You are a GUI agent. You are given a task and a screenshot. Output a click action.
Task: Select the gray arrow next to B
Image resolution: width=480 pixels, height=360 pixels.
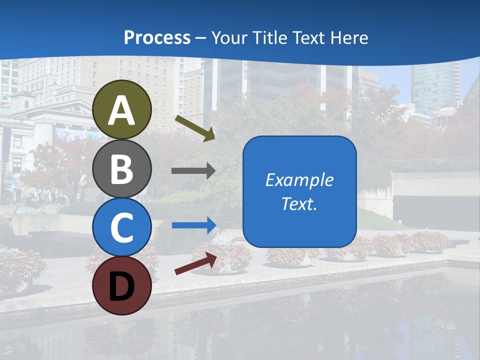(193, 171)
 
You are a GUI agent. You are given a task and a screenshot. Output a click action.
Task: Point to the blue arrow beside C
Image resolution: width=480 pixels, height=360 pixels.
(194, 225)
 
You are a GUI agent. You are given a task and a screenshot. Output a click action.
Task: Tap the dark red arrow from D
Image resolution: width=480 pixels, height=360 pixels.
(195, 263)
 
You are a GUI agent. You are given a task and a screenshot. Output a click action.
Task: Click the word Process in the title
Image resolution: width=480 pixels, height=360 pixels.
(157, 37)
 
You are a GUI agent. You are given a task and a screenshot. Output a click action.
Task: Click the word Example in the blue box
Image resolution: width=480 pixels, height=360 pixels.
(299, 180)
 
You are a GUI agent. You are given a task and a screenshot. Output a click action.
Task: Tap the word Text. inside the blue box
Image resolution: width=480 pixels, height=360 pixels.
(299, 204)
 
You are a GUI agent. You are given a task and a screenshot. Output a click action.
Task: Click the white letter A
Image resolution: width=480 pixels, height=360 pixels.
(122, 110)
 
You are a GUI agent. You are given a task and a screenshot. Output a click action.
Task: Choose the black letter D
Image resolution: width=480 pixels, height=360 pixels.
(122, 286)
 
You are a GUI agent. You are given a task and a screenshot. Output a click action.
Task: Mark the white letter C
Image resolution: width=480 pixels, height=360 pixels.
(122, 227)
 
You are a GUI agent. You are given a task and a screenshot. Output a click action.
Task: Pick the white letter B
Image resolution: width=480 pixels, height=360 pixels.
(122, 168)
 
